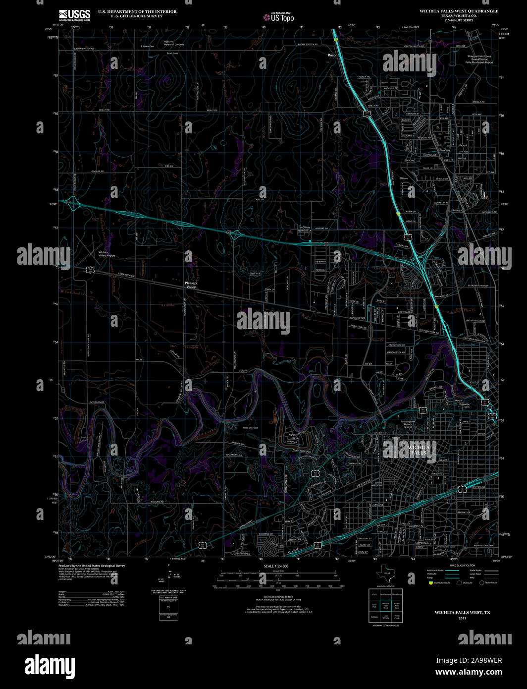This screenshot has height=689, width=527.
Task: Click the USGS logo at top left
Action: (x=74, y=15)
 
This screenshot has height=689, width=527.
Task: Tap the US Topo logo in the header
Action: (x=278, y=17)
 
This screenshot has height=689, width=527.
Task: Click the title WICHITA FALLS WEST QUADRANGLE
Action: (x=459, y=11)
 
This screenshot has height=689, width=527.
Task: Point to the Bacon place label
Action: (x=333, y=55)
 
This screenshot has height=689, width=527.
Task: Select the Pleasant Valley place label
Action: (x=191, y=285)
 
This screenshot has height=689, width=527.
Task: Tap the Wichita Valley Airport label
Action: (x=107, y=254)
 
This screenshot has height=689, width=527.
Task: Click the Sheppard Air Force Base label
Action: (x=480, y=59)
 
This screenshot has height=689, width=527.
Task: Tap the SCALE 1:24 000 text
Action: (x=276, y=566)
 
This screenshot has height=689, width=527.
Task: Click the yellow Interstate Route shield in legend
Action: (x=430, y=583)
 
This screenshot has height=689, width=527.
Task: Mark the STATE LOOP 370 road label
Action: (x=126, y=275)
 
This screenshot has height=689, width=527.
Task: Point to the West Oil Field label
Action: (x=250, y=428)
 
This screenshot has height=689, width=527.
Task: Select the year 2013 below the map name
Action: (x=462, y=618)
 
